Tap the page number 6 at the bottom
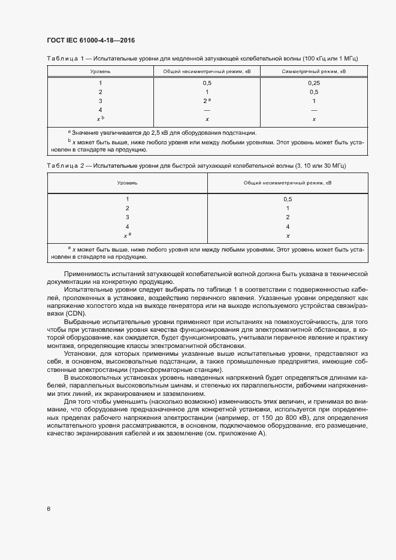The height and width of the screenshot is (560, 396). pos(49,508)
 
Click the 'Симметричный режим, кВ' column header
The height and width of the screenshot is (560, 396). pos(313,71)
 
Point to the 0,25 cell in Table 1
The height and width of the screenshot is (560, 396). pos(313,83)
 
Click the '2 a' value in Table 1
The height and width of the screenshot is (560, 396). pos(207,101)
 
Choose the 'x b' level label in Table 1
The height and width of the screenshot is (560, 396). pos(100,119)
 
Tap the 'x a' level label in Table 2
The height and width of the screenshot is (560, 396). pos(127,235)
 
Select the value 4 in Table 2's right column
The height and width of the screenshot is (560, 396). pos(288,227)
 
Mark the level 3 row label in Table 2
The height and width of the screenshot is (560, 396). pos(127,217)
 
